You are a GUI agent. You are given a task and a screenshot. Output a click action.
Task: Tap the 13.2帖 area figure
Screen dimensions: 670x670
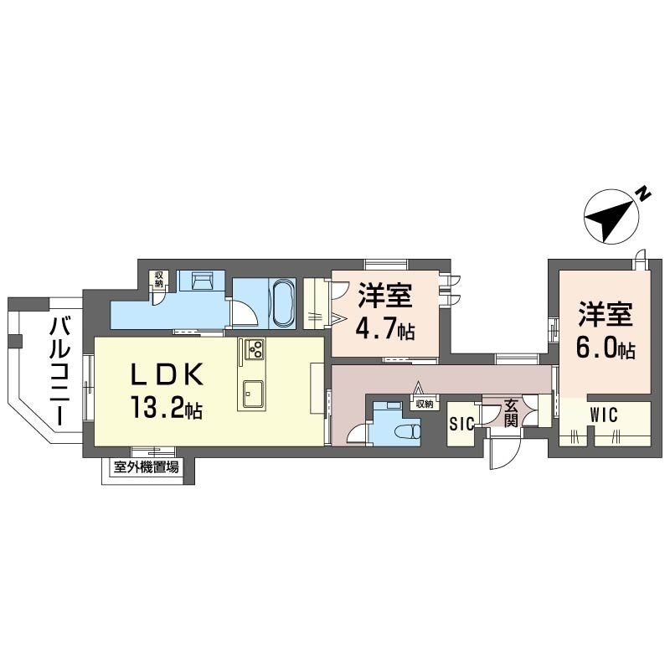(x=167, y=407)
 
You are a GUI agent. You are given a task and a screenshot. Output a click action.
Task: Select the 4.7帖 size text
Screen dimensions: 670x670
(x=386, y=329)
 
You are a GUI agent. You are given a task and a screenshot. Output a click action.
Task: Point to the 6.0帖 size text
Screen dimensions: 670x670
(x=606, y=348)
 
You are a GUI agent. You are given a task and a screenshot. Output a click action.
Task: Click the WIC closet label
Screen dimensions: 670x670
(x=604, y=415)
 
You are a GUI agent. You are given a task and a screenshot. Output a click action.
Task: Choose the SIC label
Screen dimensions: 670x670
(x=462, y=424)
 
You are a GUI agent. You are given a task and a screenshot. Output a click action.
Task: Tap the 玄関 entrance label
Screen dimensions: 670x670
(x=511, y=413)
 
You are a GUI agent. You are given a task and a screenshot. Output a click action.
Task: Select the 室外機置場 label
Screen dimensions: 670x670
(x=146, y=467)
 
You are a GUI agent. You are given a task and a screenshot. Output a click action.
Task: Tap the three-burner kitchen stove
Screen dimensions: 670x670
(x=255, y=348)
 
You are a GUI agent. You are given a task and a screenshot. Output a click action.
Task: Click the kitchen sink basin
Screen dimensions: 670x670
(x=253, y=394)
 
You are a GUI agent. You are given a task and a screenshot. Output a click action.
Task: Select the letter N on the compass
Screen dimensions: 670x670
(x=642, y=194)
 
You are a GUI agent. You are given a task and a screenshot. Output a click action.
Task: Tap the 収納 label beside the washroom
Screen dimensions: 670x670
(x=158, y=279)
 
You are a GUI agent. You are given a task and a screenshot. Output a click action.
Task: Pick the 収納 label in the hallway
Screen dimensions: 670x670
(x=425, y=404)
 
